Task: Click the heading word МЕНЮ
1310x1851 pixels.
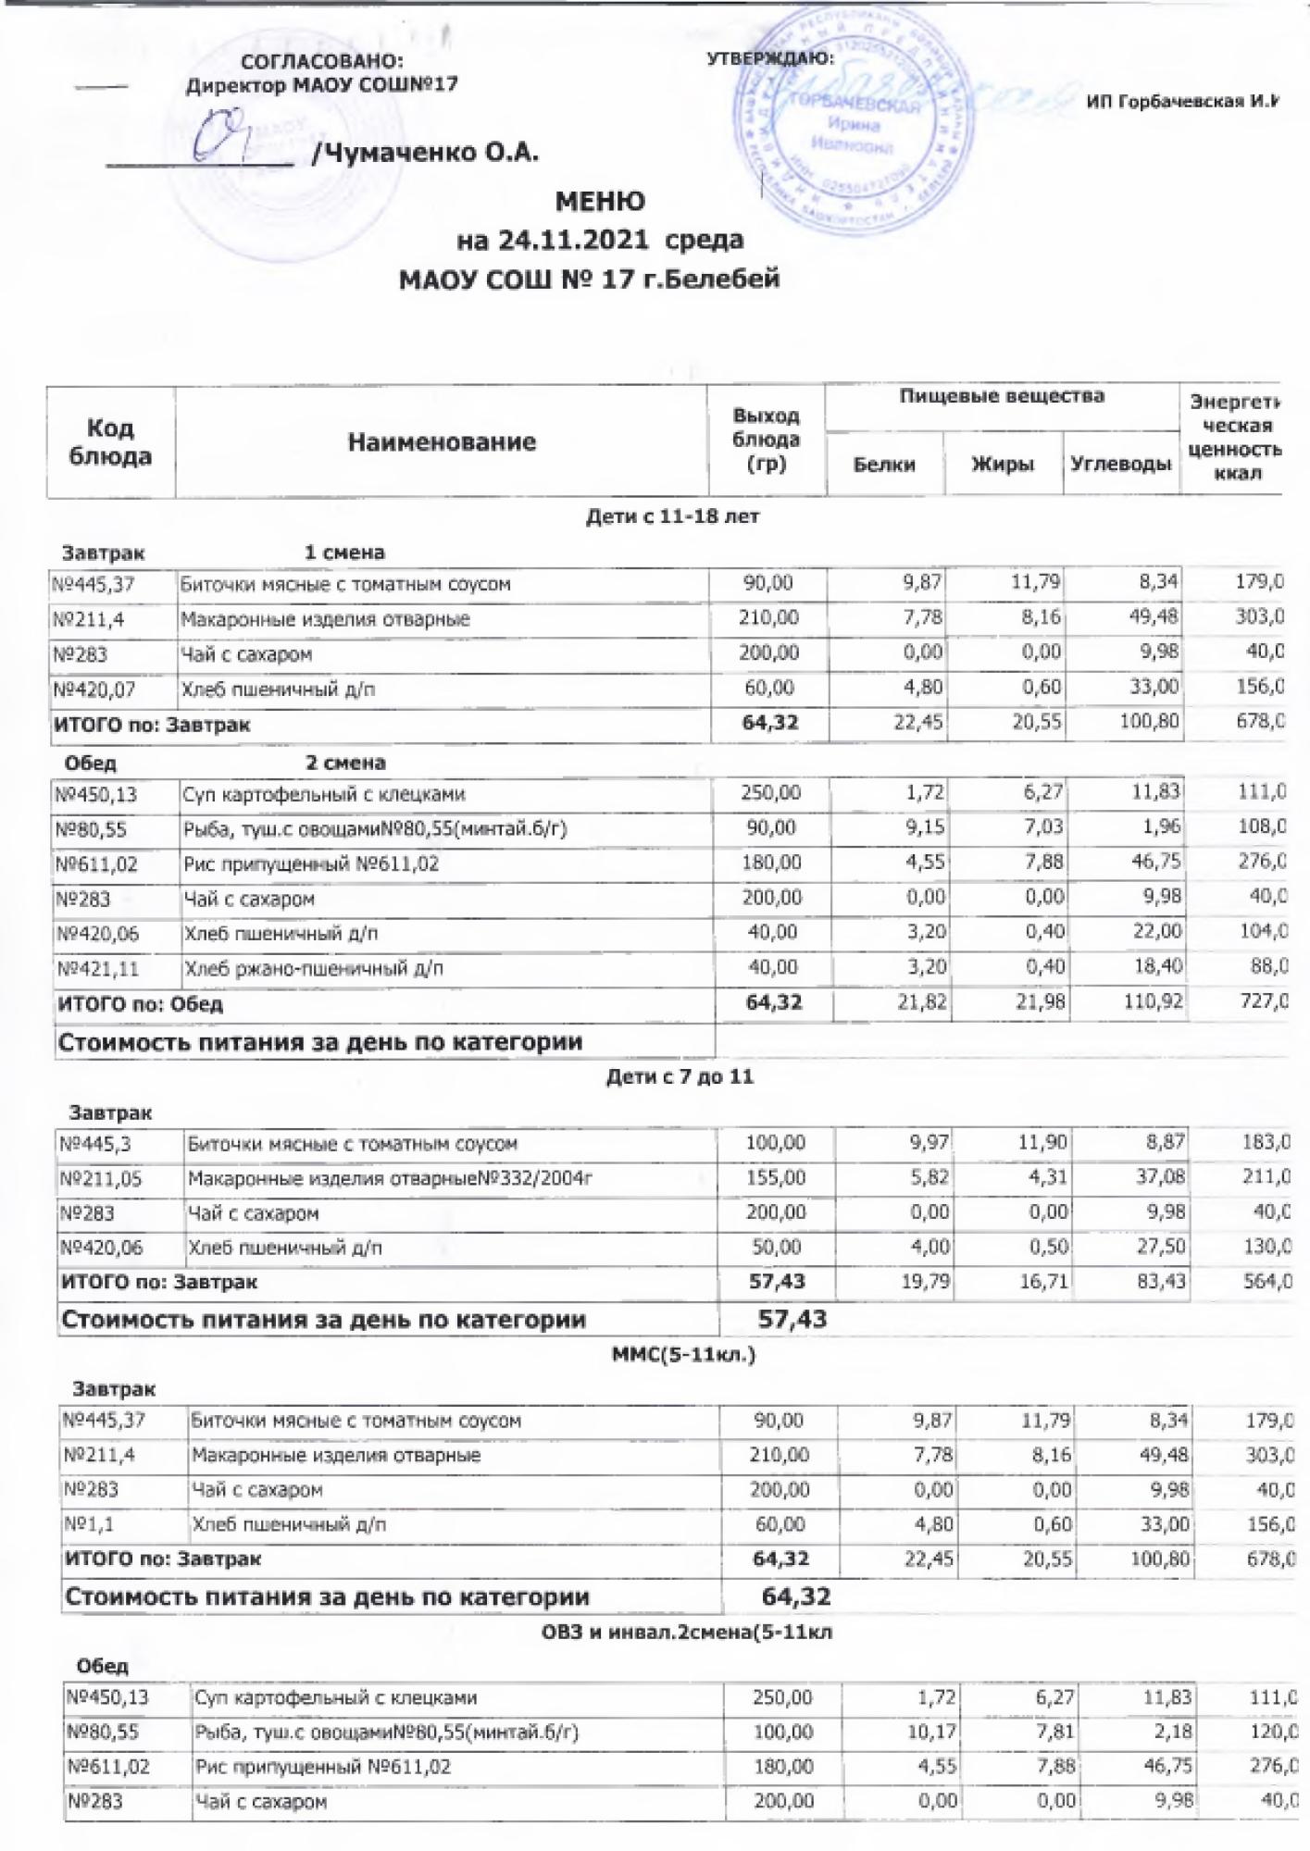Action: click(600, 202)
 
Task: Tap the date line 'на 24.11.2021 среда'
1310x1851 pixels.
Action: click(600, 240)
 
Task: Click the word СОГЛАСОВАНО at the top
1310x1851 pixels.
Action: click(322, 62)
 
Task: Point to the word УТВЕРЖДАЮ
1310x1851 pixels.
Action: click(769, 58)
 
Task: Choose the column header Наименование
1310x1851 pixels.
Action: click(442, 442)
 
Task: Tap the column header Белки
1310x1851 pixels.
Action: click(884, 465)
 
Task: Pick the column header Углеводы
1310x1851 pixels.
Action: click(1120, 465)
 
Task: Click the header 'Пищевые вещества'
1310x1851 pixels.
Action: click(1002, 397)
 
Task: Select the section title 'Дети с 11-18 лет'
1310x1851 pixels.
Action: click(672, 517)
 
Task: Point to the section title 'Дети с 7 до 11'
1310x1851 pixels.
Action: click(680, 1076)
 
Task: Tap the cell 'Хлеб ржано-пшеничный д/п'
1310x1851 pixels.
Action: click(314, 969)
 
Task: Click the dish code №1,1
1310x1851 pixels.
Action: click(89, 1523)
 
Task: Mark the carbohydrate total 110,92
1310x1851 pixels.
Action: click(1153, 1002)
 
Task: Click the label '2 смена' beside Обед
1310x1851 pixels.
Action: click(345, 764)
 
